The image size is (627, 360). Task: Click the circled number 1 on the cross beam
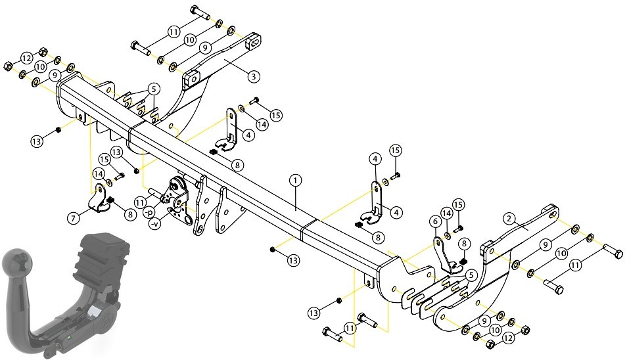(x=295, y=181)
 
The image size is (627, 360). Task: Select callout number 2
(x=509, y=219)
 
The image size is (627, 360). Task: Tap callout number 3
(x=254, y=76)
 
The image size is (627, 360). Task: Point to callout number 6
(x=436, y=221)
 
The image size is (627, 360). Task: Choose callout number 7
(x=73, y=218)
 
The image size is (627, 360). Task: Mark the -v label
(x=154, y=225)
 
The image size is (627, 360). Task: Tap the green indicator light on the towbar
(x=70, y=338)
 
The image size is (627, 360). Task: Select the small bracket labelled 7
(x=98, y=198)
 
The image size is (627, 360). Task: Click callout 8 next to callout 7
(x=130, y=215)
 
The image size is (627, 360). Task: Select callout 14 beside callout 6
(x=447, y=214)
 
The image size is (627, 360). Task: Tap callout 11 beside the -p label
(x=139, y=204)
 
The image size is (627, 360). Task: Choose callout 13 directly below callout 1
(x=293, y=261)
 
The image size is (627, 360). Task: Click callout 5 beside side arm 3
(x=153, y=89)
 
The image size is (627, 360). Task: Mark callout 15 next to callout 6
(x=458, y=205)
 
